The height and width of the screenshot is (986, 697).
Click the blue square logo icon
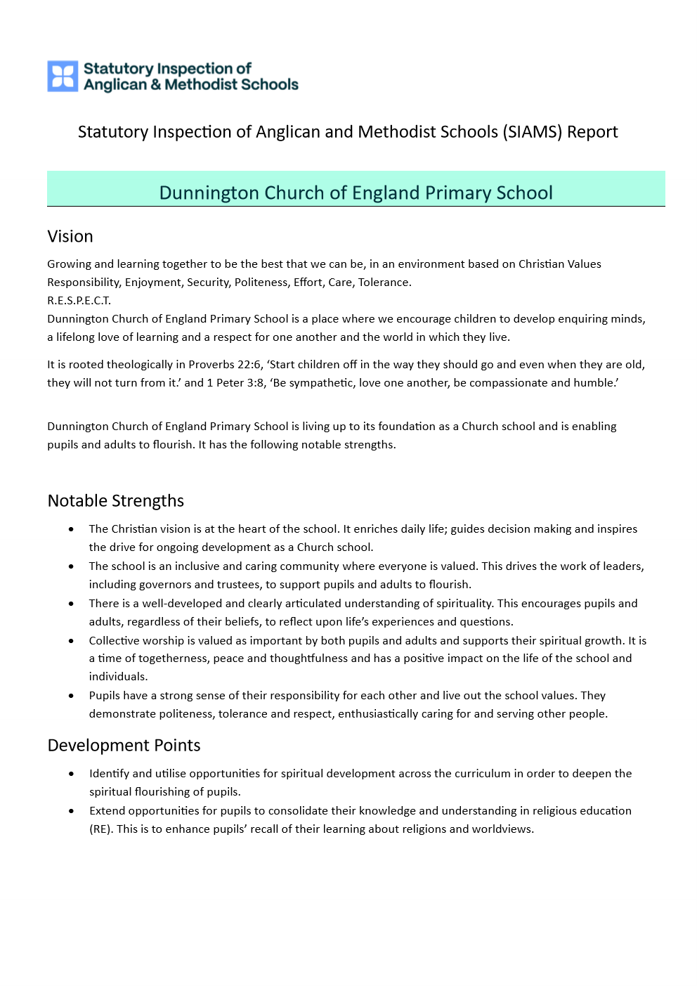tap(63, 76)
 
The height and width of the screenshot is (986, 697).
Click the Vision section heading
tap(70, 236)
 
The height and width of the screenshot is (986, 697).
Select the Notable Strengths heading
tap(116, 500)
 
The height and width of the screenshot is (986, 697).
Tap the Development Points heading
tap(124, 745)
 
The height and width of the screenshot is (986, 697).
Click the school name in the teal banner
tap(356, 193)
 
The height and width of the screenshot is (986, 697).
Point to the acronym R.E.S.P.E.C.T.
tap(79, 300)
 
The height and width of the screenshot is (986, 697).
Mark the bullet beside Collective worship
tap(72, 641)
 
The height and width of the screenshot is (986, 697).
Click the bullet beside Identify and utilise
tap(72, 774)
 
